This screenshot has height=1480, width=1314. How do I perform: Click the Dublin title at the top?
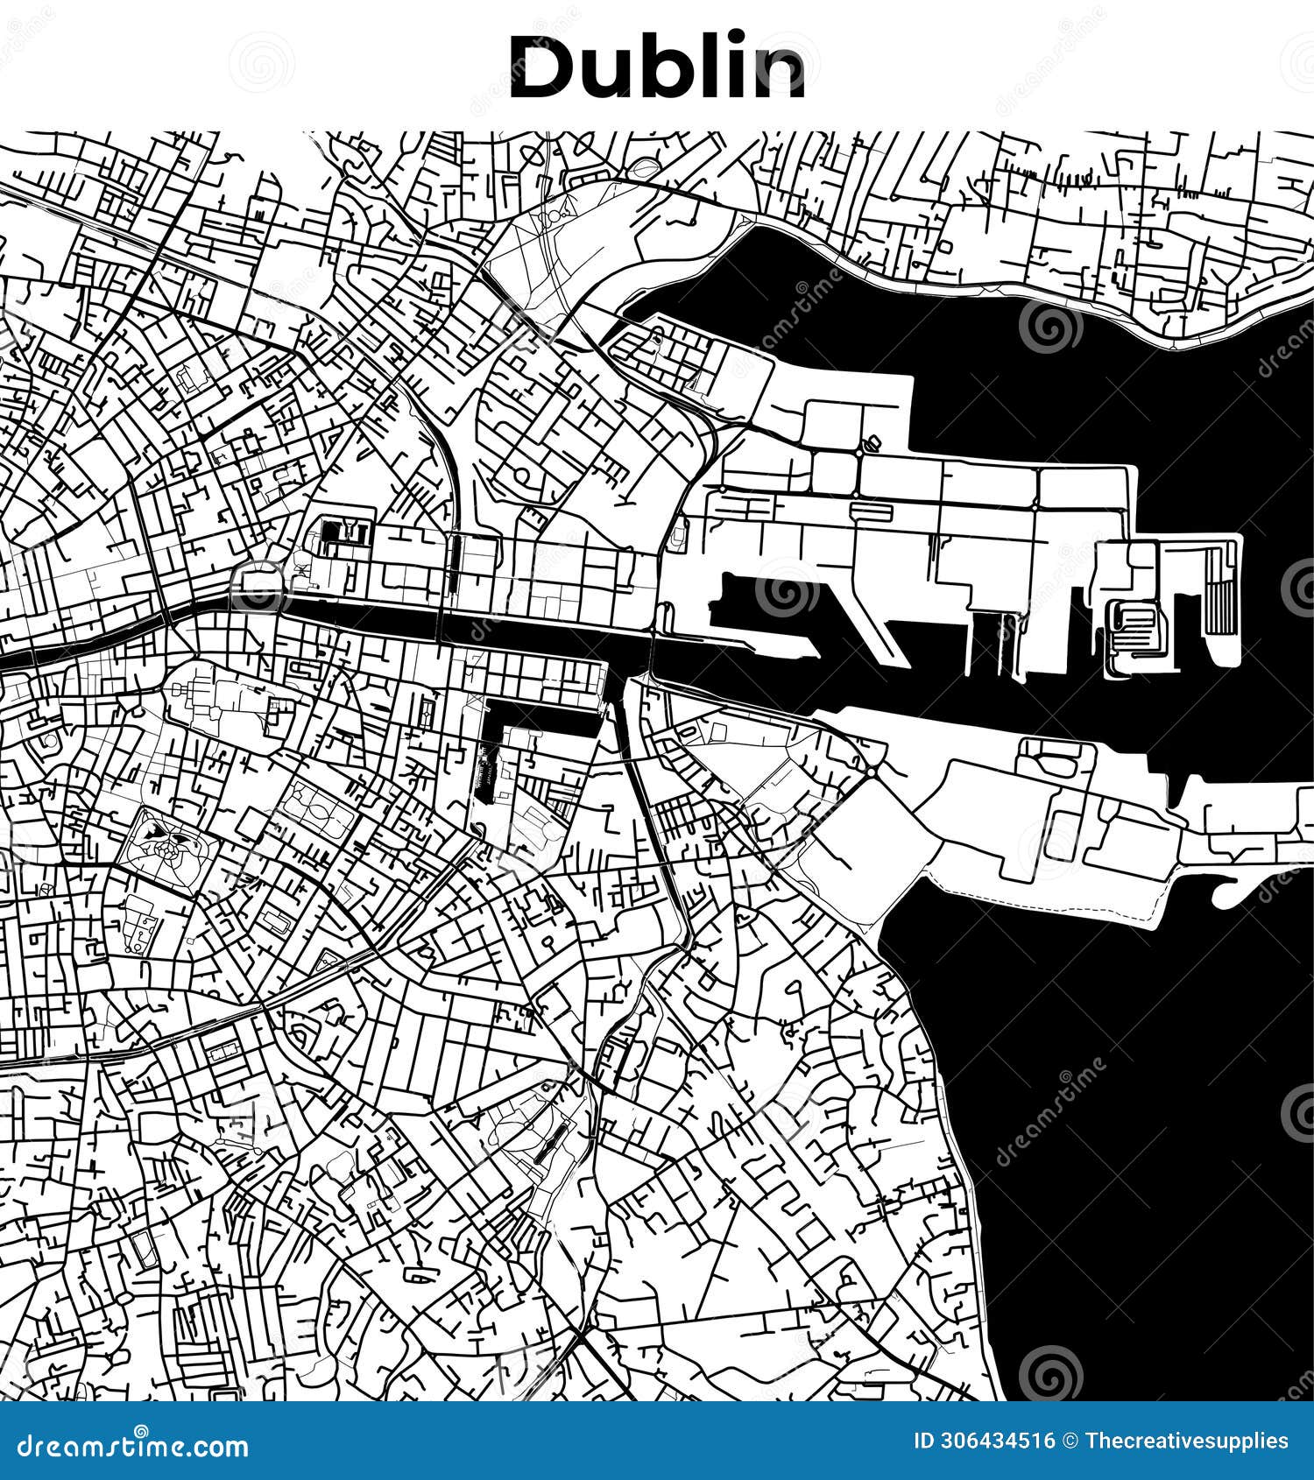657,67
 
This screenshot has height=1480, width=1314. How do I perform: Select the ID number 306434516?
995,1441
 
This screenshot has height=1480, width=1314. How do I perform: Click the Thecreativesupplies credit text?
1187,1441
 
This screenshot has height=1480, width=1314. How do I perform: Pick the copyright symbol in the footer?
1070,1441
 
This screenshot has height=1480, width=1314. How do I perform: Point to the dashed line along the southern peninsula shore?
1051,902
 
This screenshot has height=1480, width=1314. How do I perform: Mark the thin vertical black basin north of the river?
455,565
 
